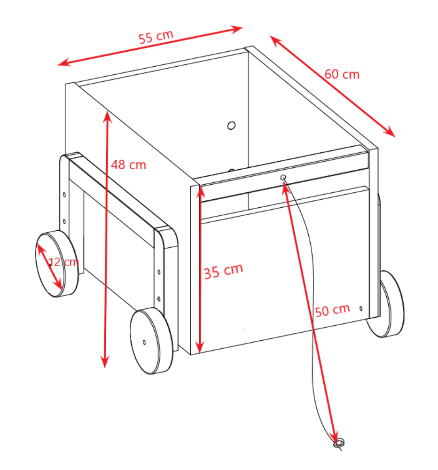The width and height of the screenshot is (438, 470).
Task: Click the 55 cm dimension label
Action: pos(156,37)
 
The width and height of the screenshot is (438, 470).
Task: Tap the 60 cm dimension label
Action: pos(342,74)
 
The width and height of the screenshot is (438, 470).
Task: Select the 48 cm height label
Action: pos(129,165)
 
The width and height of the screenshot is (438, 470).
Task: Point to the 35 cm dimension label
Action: pos(223,271)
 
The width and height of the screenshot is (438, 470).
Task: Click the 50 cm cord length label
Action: pos(332,310)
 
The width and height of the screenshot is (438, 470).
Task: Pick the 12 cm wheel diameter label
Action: pos(63,262)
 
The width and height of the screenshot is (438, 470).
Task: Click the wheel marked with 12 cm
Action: pos(57,264)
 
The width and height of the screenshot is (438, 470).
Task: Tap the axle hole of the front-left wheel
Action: pos(144,342)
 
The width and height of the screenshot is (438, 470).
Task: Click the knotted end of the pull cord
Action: pos(339,443)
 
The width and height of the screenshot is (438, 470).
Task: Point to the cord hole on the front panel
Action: pos(283,178)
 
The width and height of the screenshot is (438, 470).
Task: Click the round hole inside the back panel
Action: pos(231,125)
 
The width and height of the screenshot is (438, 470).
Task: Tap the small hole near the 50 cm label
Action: pos(361,308)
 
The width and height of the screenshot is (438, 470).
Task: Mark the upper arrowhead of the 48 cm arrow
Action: pos(107,117)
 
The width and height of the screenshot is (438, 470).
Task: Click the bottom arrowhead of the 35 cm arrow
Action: pos(200,347)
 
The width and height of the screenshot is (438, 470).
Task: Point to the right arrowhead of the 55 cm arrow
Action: pos(236,29)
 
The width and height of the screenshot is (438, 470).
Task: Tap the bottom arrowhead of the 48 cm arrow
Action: pos(105,361)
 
